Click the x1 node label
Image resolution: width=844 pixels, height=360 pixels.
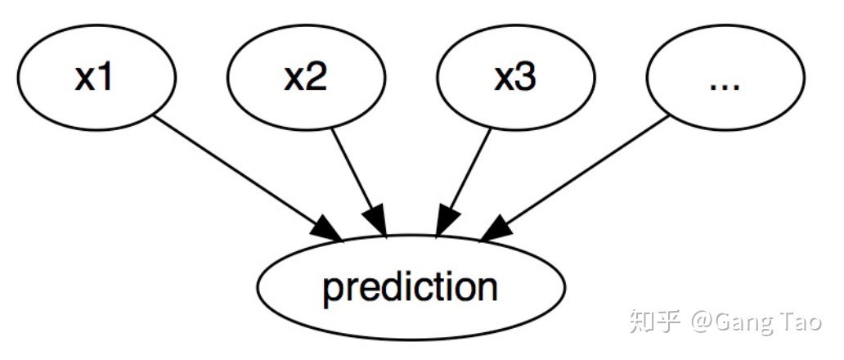point(94,78)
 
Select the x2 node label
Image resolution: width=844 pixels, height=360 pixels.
point(305,78)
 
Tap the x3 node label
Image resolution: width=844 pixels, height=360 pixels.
point(515,78)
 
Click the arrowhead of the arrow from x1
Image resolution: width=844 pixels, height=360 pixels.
point(326,228)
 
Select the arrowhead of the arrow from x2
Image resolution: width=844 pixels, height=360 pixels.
point(376,219)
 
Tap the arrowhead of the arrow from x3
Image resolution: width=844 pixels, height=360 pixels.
point(447,219)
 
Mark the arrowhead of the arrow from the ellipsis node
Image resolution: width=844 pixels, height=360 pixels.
point(496,228)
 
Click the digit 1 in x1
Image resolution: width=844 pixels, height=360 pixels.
point(106,78)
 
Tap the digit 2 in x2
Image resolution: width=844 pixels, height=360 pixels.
point(316,78)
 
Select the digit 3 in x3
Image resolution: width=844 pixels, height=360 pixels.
point(526,78)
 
